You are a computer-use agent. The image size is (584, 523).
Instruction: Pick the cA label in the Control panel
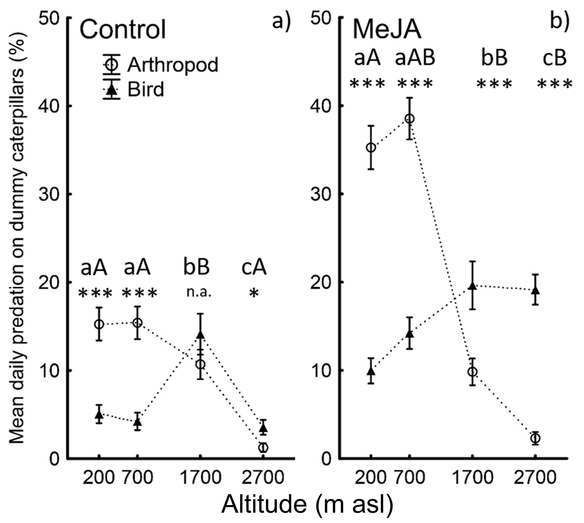click(x=254, y=268)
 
